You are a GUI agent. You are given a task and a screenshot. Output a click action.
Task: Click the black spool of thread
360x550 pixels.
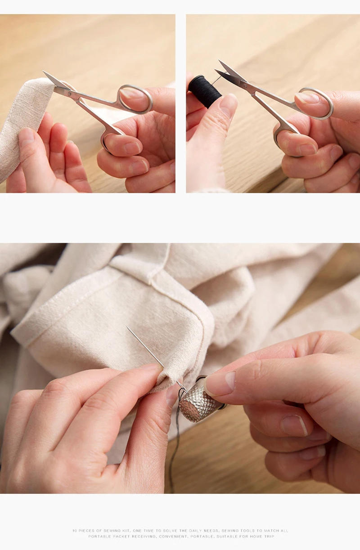click(x=205, y=91)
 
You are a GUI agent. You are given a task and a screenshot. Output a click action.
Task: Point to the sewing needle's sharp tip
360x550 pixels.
click(x=127, y=328)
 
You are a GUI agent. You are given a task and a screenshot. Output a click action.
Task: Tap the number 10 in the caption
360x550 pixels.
click(x=74, y=531)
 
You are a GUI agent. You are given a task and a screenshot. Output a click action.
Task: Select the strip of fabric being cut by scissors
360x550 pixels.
click(x=25, y=121)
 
